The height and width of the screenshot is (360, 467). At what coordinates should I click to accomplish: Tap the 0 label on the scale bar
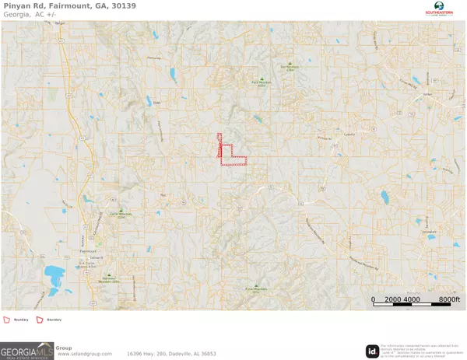(373, 299)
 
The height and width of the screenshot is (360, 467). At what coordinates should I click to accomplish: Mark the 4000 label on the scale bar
(411, 299)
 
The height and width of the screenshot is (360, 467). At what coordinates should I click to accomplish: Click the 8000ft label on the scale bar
(449, 299)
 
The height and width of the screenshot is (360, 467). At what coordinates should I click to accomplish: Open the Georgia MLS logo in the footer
(27, 351)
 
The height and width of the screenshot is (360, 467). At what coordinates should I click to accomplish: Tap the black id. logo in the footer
(372, 351)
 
